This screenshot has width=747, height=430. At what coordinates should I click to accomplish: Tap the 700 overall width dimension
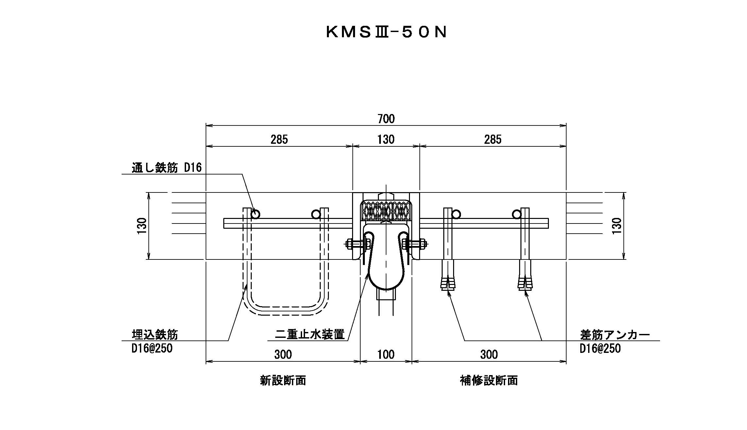pos(386,119)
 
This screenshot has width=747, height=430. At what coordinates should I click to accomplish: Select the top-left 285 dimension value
pos(279,140)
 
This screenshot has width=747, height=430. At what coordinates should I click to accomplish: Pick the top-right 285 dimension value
pos(493,140)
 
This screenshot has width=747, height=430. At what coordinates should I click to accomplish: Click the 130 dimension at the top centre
pos(386,140)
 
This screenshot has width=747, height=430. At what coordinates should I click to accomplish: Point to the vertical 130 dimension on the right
pos(617,226)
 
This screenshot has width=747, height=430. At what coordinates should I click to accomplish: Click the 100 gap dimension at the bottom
pos(386,355)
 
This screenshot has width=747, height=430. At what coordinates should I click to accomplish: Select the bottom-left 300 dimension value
pos(283,355)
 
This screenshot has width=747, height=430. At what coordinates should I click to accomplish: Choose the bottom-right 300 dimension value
pos(489,355)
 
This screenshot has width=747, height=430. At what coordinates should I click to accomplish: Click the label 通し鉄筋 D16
pos(167,168)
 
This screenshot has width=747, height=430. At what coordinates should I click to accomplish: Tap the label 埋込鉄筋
pos(155,335)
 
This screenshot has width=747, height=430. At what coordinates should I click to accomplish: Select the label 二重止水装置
pos(310,335)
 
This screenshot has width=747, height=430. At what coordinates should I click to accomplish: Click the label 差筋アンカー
pos(615,335)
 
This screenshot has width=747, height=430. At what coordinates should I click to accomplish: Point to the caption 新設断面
pos(283,381)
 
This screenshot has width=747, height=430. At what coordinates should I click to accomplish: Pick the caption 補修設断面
pos(489,381)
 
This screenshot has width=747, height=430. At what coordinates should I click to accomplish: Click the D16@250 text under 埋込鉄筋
pos(152,348)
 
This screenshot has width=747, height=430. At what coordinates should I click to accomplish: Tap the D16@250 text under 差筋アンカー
pos(600,348)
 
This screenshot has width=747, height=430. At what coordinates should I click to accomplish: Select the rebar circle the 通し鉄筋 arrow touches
pos(256,214)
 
